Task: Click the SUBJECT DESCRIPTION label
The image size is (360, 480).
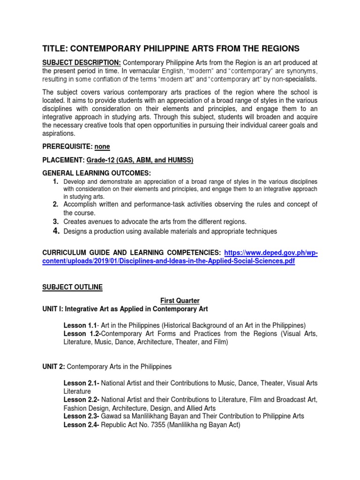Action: click(82, 63)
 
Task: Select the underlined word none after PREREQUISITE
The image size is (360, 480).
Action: click(102, 147)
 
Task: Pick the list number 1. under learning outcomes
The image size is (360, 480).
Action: click(55, 181)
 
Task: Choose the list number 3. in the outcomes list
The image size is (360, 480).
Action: click(55, 221)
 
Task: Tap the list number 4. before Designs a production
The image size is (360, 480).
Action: click(55, 231)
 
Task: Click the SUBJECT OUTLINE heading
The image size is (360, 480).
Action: click(72, 287)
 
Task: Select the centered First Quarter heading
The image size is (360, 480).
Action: click(180, 300)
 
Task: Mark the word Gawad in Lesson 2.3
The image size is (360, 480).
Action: click(112, 416)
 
